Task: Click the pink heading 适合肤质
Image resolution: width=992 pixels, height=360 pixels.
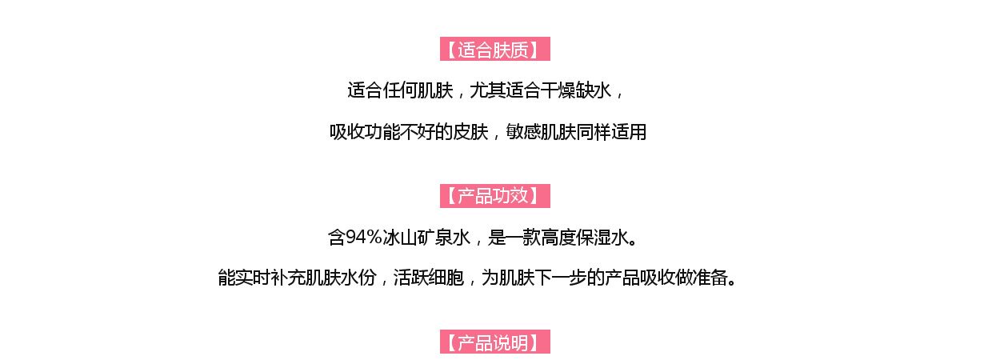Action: click(x=495, y=50)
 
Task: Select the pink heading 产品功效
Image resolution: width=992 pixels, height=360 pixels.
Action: click(x=495, y=196)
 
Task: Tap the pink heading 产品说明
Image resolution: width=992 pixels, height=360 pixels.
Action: click(x=495, y=342)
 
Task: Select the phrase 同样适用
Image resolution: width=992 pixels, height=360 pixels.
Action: click(x=610, y=132)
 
